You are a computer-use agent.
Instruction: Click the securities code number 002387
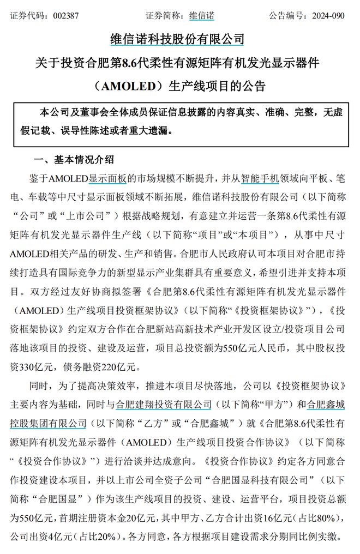tap(66, 15)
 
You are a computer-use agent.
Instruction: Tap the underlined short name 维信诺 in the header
tap(201, 15)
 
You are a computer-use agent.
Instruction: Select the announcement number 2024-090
tap(328, 15)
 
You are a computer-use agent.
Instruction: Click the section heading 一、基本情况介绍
tap(74, 160)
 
